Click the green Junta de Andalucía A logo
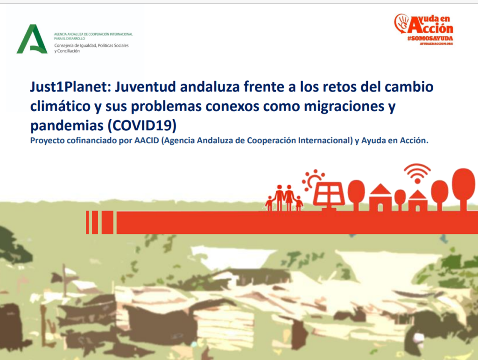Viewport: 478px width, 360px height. pyautogui.click(x=32, y=39)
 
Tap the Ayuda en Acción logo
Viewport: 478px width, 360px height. pyautogui.click(x=424, y=29)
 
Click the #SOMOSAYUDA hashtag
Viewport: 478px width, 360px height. pyautogui.click(x=430, y=38)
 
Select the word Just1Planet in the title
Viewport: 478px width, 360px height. pyautogui.click(x=69, y=87)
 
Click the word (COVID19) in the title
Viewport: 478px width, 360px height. pyautogui.click(x=142, y=125)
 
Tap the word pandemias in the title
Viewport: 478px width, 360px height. pyautogui.click(x=67, y=125)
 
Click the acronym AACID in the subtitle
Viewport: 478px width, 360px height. pyautogui.click(x=147, y=141)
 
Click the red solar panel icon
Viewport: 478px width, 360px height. pyautogui.click(x=329, y=195)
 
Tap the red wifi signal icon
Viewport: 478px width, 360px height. pyautogui.click(x=417, y=173)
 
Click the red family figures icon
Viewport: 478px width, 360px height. pyautogui.click(x=284, y=198)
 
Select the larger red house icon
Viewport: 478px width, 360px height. pyautogui.click(x=380, y=198)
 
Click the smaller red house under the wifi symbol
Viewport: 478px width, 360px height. pyautogui.click(x=418, y=201)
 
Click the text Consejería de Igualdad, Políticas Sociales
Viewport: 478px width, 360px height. pyautogui.click(x=91, y=45)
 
